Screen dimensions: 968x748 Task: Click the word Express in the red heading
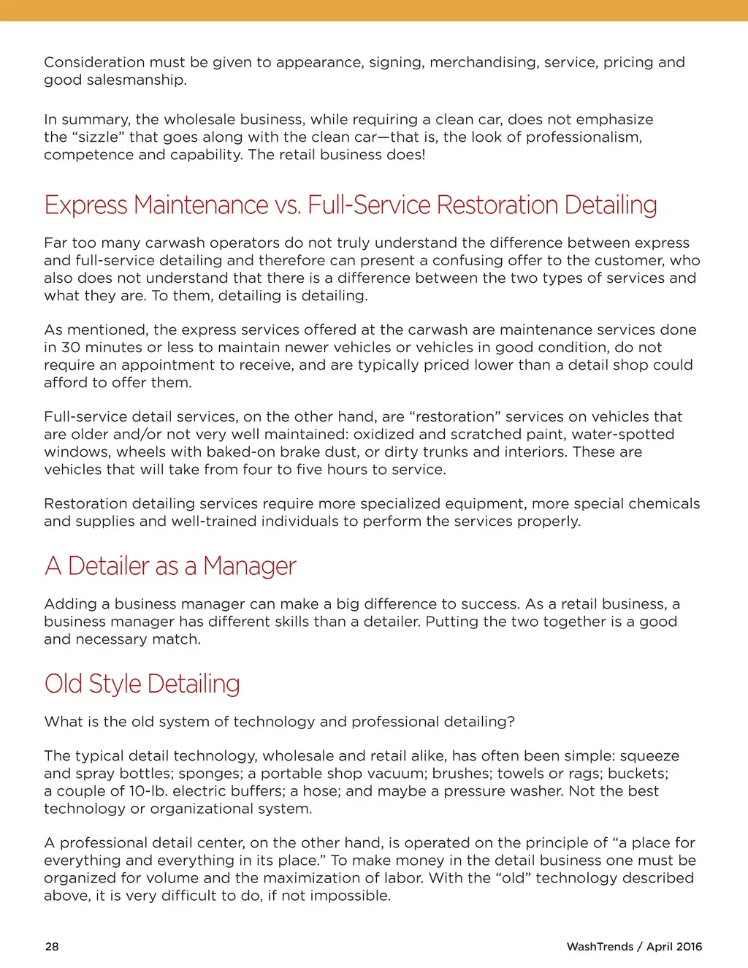tap(86, 205)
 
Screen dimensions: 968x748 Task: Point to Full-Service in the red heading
tap(368, 205)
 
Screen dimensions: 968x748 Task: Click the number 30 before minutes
tap(70, 347)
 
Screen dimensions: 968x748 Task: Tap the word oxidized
tap(383, 434)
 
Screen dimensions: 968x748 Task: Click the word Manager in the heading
tap(249, 566)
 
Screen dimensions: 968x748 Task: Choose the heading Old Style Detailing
tap(142, 684)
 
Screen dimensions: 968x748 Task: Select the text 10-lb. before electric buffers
tap(148, 790)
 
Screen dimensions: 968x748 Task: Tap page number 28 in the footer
tap(52, 946)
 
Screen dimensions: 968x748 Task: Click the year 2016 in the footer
tap(688, 946)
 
